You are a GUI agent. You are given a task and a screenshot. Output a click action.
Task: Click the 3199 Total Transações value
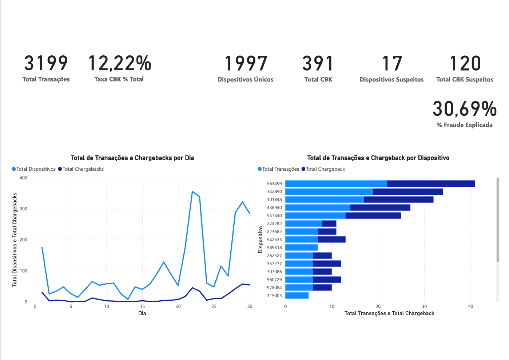(x=46, y=63)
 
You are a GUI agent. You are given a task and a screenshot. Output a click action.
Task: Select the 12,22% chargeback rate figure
(x=119, y=63)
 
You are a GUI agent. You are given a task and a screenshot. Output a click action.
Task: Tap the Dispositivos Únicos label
(x=245, y=79)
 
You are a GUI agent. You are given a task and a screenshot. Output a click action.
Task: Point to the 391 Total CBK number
(x=318, y=63)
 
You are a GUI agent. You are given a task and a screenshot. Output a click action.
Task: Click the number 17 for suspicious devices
(x=391, y=63)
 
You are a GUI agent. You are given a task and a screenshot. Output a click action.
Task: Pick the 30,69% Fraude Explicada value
(x=465, y=109)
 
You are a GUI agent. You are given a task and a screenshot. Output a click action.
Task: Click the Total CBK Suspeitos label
(x=465, y=79)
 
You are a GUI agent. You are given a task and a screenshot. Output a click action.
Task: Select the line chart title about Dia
(x=132, y=158)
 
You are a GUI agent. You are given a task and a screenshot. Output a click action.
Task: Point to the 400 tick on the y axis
(x=23, y=178)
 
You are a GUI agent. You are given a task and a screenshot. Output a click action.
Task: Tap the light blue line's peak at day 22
(x=192, y=191)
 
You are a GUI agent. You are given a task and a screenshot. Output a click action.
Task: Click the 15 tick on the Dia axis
(x=142, y=306)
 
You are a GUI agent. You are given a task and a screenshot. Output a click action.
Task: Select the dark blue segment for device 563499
(x=431, y=183)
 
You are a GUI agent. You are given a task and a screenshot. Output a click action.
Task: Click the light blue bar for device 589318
(x=301, y=248)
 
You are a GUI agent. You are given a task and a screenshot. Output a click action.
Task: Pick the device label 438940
(x=274, y=207)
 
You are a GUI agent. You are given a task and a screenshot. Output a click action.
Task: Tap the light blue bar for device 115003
(x=297, y=296)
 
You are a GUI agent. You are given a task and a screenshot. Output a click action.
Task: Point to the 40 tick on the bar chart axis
(x=470, y=306)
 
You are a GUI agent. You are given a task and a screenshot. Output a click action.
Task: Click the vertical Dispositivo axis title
(x=261, y=240)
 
